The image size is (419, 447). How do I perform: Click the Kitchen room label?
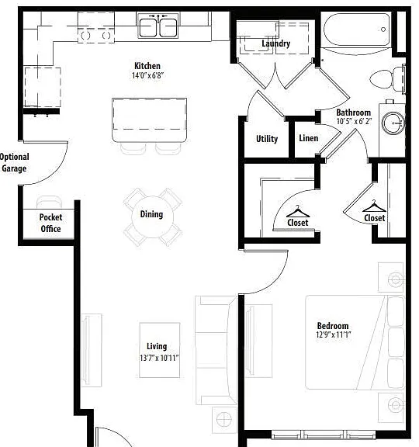pyautogui.click(x=147, y=66)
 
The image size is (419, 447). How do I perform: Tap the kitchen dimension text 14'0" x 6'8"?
pyautogui.click(x=147, y=75)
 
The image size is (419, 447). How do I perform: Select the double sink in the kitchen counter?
pyautogui.click(x=158, y=26)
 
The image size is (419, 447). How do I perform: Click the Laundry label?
pyautogui.click(x=276, y=43)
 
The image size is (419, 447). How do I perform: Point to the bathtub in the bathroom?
pyautogui.click(x=357, y=29)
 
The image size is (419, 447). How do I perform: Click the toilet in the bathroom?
pyautogui.click(x=388, y=78)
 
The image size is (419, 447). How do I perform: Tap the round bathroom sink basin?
pyautogui.click(x=393, y=123)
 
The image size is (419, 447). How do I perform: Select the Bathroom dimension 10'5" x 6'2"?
pyautogui.click(x=354, y=121)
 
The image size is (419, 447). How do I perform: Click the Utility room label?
pyautogui.click(x=267, y=139)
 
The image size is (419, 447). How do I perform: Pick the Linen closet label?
pyautogui.click(x=308, y=138)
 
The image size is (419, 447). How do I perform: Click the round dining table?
pyautogui.click(x=153, y=217)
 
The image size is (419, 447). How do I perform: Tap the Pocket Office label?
pyautogui.click(x=50, y=223)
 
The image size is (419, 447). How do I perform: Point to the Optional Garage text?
pyautogui.click(x=14, y=162)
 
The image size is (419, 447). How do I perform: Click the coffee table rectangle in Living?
pyautogui.click(x=160, y=350)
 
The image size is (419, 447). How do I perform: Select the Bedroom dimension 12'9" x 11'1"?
pyautogui.click(x=333, y=334)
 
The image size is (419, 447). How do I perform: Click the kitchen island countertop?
pyautogui.click(x=149, y=120)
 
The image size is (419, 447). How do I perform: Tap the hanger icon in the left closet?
pyautogui.click(x=298, y=212)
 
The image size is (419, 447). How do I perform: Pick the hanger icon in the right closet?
pyautogui.click(x=374, y=206)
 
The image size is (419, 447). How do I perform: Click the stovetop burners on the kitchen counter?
pyautogui.click(x=96, y=36)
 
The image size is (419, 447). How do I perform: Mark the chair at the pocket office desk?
pyautogui.click(x=50, y=202)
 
